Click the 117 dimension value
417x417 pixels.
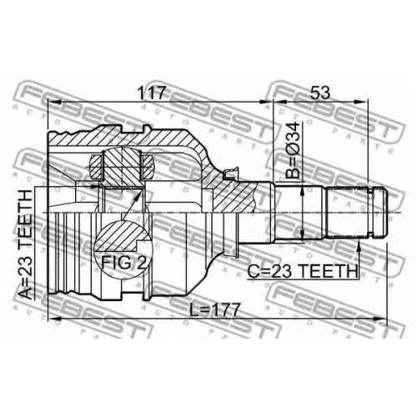tap(153, 93)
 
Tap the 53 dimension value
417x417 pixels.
tap(320, 93)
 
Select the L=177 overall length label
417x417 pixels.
tap(214, 309)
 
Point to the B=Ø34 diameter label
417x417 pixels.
tap(293, 150)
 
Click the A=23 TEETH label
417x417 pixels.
tap(26, 245)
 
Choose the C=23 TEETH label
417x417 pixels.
tap(303, 272)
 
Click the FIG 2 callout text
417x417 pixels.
tap(123, 263)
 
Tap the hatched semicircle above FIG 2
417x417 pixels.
tap(123, 237)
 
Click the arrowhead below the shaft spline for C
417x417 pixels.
tap(359, 246)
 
